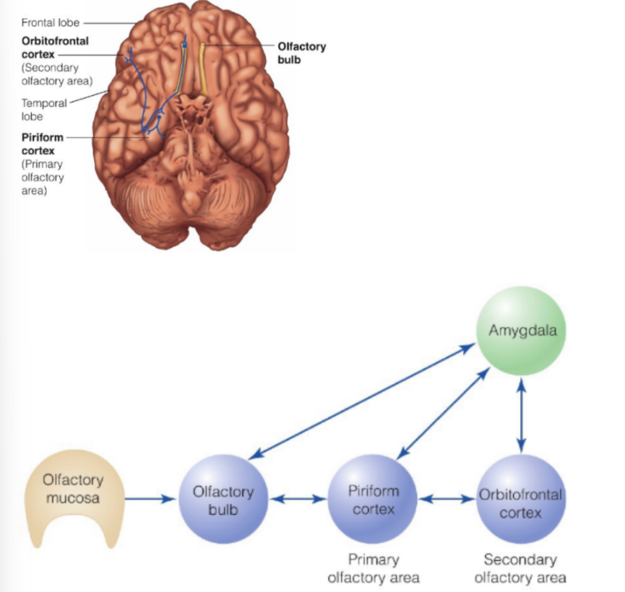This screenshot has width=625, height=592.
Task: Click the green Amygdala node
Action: (x=517, y=330)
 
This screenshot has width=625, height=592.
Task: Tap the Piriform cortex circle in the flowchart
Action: (x=373, y=500)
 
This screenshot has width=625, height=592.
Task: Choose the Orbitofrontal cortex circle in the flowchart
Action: (x=520, y=500)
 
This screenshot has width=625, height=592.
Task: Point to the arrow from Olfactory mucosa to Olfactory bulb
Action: (x=151, y=499)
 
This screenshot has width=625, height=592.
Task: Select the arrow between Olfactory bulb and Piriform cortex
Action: (x=298, y=499)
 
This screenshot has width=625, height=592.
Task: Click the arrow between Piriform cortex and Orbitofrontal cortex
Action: (x=447, y=499)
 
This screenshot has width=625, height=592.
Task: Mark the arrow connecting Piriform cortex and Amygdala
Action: (x=439, y=418)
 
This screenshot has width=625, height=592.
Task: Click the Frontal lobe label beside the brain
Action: (x=50, y=23)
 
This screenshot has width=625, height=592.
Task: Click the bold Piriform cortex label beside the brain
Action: (x=43, y=144)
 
